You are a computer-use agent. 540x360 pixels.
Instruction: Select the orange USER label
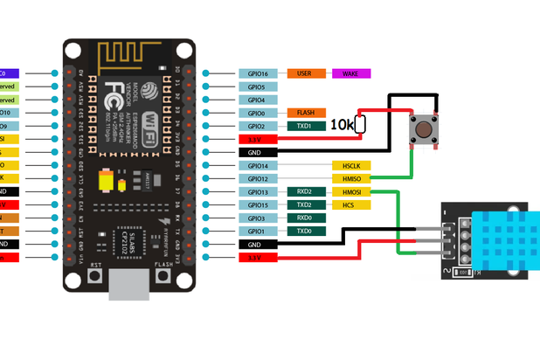click(x=306, y=74)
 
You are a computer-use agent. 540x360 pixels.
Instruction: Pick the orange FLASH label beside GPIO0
click(x=306, y=113)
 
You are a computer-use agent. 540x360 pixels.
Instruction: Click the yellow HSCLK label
click(x=350, y=165)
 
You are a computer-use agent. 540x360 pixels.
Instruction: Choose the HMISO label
click(x=350, y=178)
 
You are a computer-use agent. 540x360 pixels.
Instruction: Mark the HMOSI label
click(x=350, y=191)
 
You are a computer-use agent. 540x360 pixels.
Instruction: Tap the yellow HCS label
click(x=350, y=204)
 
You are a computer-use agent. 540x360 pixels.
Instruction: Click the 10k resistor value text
click(x=342, y=126)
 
